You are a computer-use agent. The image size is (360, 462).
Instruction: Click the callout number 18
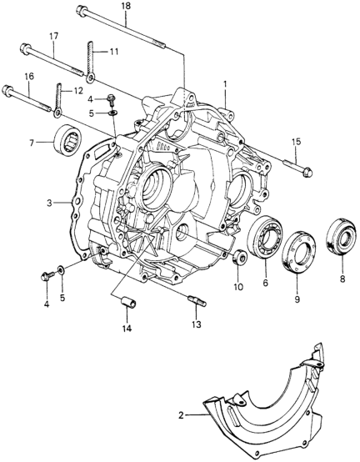click(x=125, y=6)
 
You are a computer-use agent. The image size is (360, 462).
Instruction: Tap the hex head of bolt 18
click(x=81, y=10)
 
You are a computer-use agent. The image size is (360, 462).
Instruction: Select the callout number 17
click(x=53, y=36)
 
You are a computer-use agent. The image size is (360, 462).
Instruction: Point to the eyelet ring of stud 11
click(x=90, y=78)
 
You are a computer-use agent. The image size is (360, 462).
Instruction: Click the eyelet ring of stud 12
click(x=57, y=113)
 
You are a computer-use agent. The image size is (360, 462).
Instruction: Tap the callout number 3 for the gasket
click(x=50, y=203)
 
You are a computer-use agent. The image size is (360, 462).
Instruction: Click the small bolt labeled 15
click(x=297, y=167)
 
